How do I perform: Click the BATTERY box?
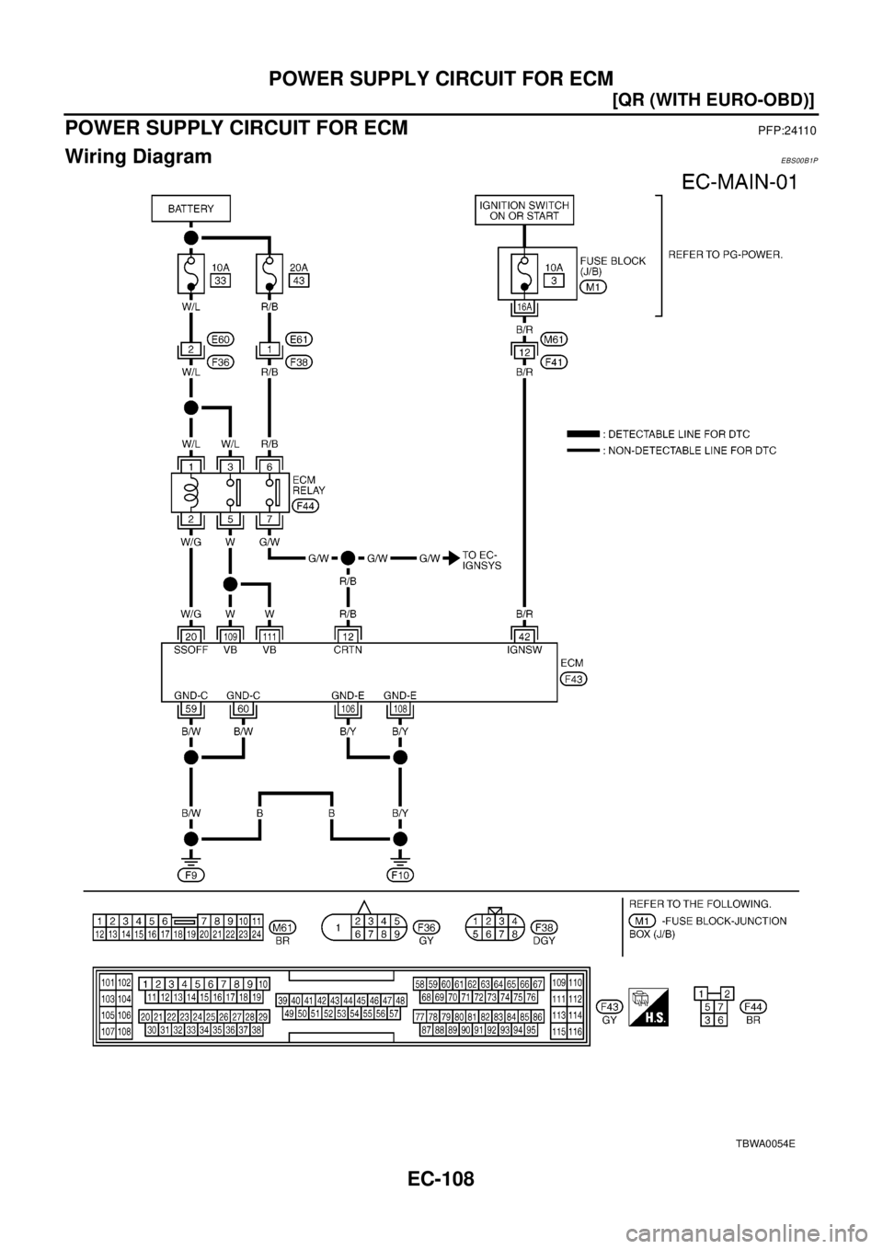click(x=190, y=210)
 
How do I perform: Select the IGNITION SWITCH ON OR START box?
click(x=524, y=210)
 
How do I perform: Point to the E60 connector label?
click(x=219, y=338)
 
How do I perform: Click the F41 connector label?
click(x=555, y=361)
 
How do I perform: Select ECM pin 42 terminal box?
click(x=523, y=634)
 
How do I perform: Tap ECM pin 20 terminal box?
click(x=190, y=634)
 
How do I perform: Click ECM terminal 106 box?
click(x=349, y=709)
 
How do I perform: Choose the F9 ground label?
click(x=190, y=875)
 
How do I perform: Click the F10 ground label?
click(x=400, y=875)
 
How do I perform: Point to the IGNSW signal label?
click(x=523, y=648)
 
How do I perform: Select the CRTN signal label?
click(x=349, y=648)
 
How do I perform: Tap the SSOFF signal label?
click(x=190, y=648)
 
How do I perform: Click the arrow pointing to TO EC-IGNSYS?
click(x=453, y=557)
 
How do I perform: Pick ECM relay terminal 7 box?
click(x=269, y=520)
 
